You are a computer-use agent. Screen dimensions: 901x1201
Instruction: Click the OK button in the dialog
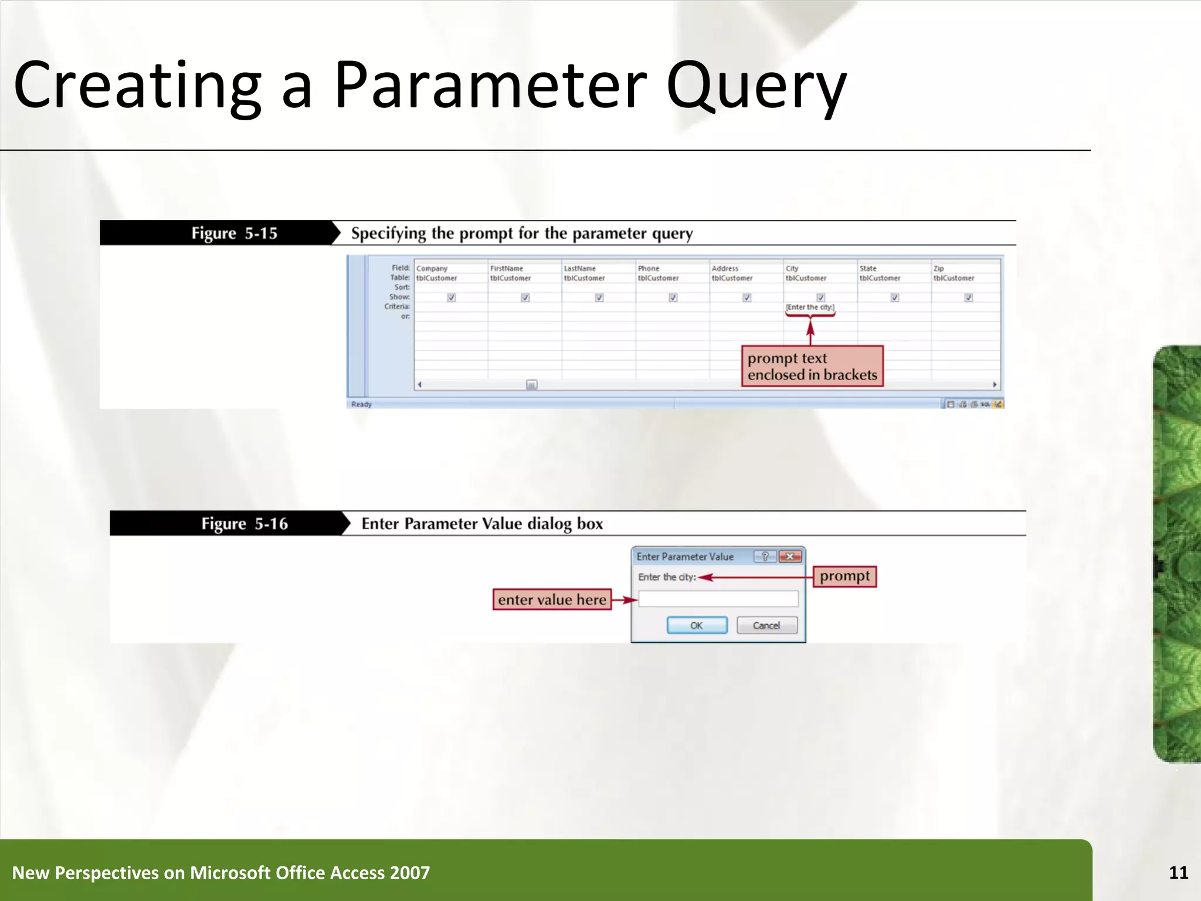pyautogui.click(x=697, y=625)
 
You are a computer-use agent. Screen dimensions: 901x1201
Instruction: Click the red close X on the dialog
pyautogui.click(x=790, y=557)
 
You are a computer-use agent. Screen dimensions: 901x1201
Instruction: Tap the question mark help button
pyautogui.click(x=765, y=557)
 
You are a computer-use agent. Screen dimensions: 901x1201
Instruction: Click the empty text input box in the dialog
pyautogui.click(x=718, y=599)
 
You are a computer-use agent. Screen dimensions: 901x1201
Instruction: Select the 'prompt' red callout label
pyautogui.click(x=844, y=576)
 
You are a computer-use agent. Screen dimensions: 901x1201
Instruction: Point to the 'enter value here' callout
pyautogui.click(x=552, y=599)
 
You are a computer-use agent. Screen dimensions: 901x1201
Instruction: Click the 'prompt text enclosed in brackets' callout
pyautogui.click(x=812, y=366)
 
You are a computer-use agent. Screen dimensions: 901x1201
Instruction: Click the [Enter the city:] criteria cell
pyautogui.click(x=810, y=307)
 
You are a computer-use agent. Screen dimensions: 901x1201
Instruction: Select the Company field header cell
pyautogui.click(x=432, y=268)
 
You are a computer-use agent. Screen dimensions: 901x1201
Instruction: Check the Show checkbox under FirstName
pyautogui.click(x=525, y=297)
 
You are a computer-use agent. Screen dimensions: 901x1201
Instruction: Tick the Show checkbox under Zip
pyautogui.click(x=969, y=297)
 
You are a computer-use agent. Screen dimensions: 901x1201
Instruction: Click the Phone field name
pyautogui.click(x=649, y=268)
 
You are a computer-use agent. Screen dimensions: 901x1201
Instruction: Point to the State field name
pyautogui.click(x=868, y=268)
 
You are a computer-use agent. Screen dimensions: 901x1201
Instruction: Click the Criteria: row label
pyautogui.click(x=397, y=306)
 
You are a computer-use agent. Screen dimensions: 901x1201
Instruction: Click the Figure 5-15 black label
pyautogui.click(x=234, y=233)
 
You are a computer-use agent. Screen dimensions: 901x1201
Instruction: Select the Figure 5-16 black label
pyautogui.click(x=245, y=523)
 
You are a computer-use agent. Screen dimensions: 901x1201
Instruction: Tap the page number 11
pyautogui.click(x=1178, y=872)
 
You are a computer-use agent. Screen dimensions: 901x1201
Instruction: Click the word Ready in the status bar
pyautogui.click(x=361, y=404)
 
